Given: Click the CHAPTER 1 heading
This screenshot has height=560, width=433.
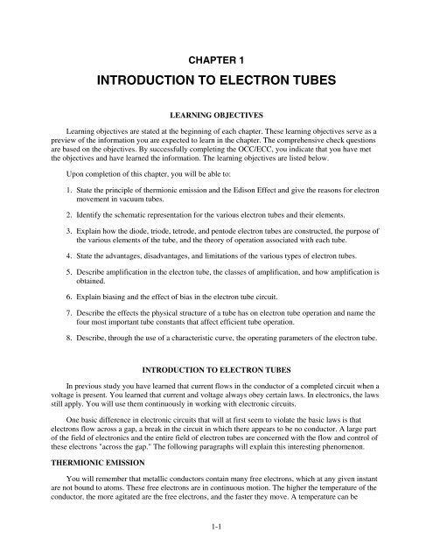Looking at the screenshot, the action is [216, 59].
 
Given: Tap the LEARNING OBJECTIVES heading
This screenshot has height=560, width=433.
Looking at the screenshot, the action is [216, 139].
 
